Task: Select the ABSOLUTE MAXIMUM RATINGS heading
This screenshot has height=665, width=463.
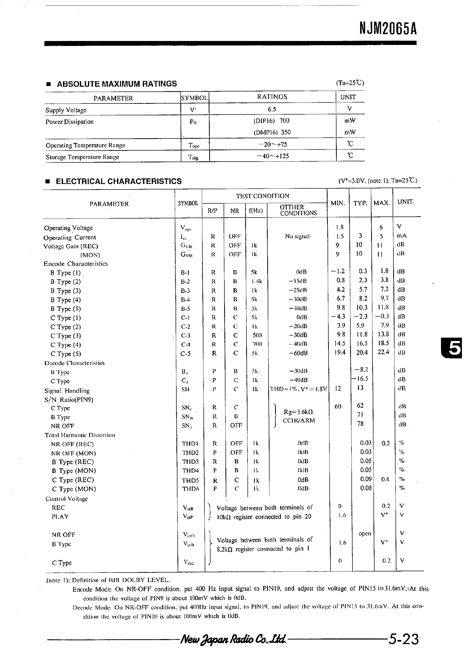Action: (117, 84)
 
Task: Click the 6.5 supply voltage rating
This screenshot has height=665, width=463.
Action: (272, 109)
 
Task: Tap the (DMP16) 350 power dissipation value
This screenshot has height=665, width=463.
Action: (272, 132)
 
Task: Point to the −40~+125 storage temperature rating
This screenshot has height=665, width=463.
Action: (273, 156)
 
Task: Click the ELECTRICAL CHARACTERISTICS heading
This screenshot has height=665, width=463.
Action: (119, 181)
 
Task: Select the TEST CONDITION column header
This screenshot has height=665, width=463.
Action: (262, 196)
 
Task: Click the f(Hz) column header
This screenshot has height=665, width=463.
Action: (256, 210)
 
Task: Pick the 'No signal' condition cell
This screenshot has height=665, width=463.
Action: (297, 236)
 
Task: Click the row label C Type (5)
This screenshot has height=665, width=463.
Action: (66, 354)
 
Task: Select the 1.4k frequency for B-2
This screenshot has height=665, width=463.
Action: (256, 281)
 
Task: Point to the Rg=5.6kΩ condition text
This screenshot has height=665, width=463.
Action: (298, 412)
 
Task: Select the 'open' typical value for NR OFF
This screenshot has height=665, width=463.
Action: (364, 534)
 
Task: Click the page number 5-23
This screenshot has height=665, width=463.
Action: (403, 639)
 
